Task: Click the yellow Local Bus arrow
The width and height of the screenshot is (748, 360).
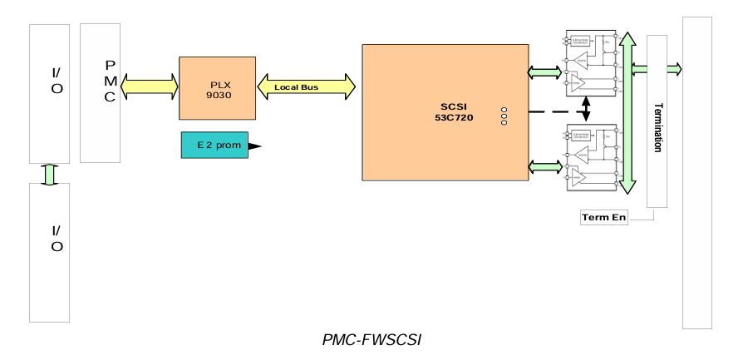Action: click(x=308, y=86)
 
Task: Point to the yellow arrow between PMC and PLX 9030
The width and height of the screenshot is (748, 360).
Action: click(x=150, y=84)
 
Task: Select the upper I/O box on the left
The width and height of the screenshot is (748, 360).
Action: click(x=49, y=93)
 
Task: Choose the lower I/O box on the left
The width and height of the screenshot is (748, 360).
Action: click(x=49, y=252)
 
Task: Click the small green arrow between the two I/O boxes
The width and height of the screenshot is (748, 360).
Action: click(x=49, y=173)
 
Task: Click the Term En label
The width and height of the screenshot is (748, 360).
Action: click(x=603, y=218)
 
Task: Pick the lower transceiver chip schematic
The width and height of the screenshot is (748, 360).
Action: click(x=591, y=159)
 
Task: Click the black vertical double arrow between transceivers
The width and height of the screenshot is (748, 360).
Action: click(x=587, y=108)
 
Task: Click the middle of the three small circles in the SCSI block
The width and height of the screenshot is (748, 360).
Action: click(x=504, y=116)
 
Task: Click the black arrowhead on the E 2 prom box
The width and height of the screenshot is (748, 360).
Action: click(x=254, y=145)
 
